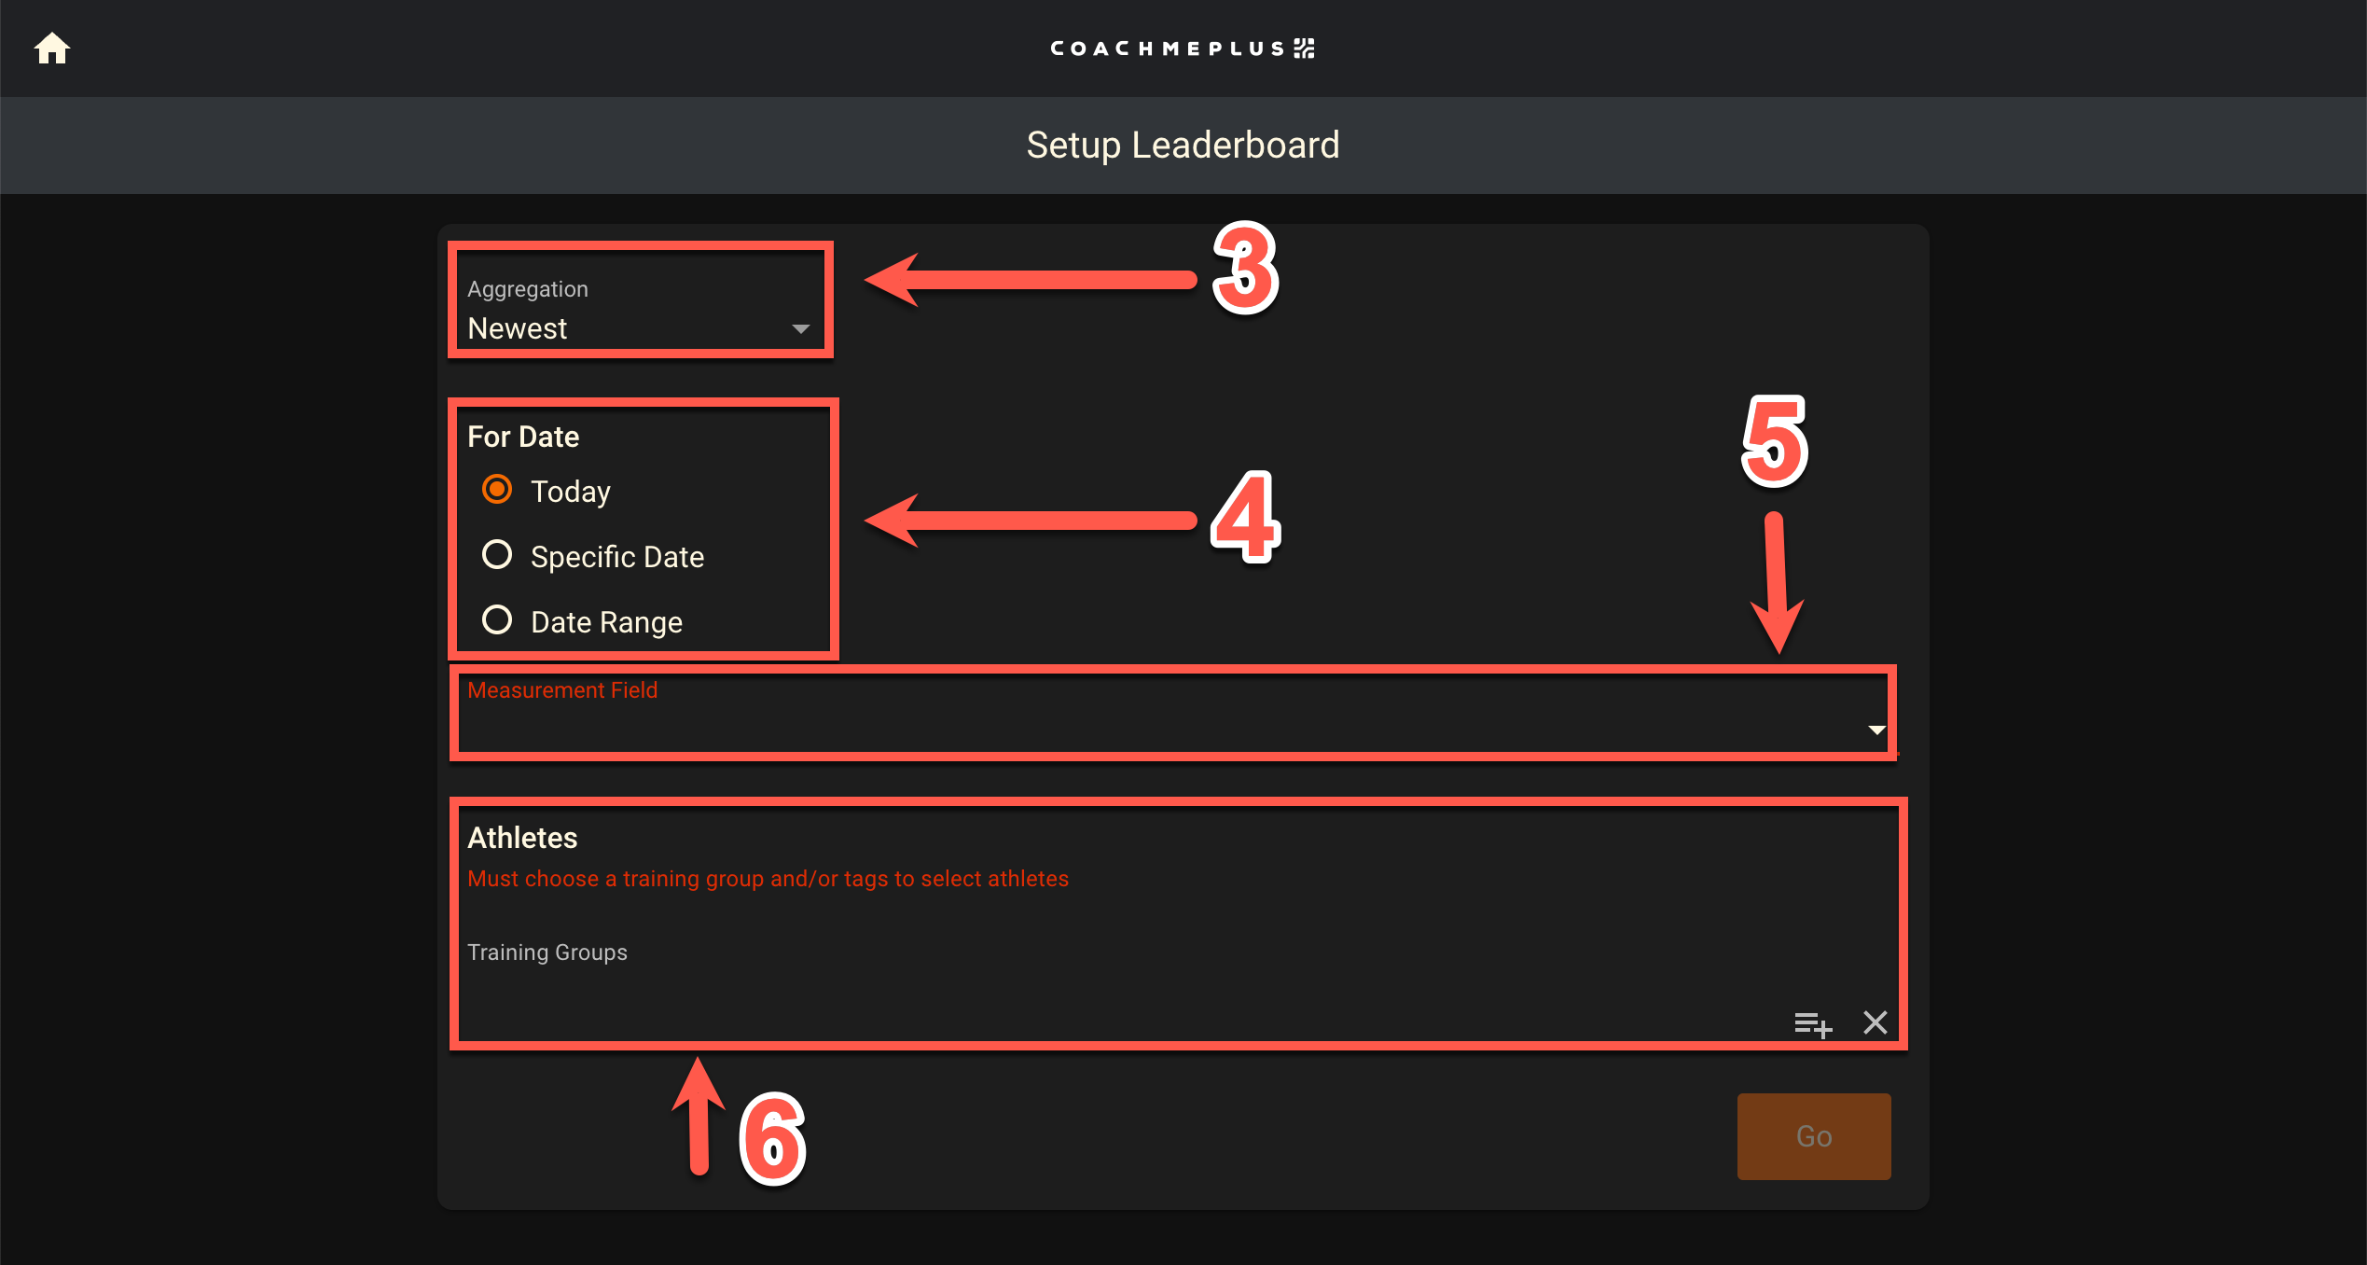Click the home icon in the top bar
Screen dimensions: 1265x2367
pos(52,49)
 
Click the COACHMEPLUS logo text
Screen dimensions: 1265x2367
pos(1182,49)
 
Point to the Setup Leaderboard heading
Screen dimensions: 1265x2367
pos(1183,146)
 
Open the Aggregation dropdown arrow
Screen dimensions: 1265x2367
pos(800,329)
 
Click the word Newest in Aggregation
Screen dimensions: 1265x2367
pos(518,329)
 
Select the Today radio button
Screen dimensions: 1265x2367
pos(497,490)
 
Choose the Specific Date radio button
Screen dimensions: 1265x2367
pos(497,555)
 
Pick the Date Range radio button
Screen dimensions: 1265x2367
pos(497,620)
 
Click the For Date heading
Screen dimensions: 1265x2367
pos(523,437)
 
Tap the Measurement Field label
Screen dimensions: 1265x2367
pos(562,690)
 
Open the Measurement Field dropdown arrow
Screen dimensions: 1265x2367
pos(1876,730)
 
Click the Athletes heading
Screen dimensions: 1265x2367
pos(522,838)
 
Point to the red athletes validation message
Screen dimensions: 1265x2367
pos(768,879)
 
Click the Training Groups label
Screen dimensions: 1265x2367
pos(547,952)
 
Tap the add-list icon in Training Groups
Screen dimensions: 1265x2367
pos(1813,1023)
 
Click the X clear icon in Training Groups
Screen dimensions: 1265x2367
pos(1876,1022)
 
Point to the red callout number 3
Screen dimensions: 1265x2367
pos(1245,269)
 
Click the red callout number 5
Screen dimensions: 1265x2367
pos(1775,441)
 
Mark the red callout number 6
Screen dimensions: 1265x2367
pos(772,1138)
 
